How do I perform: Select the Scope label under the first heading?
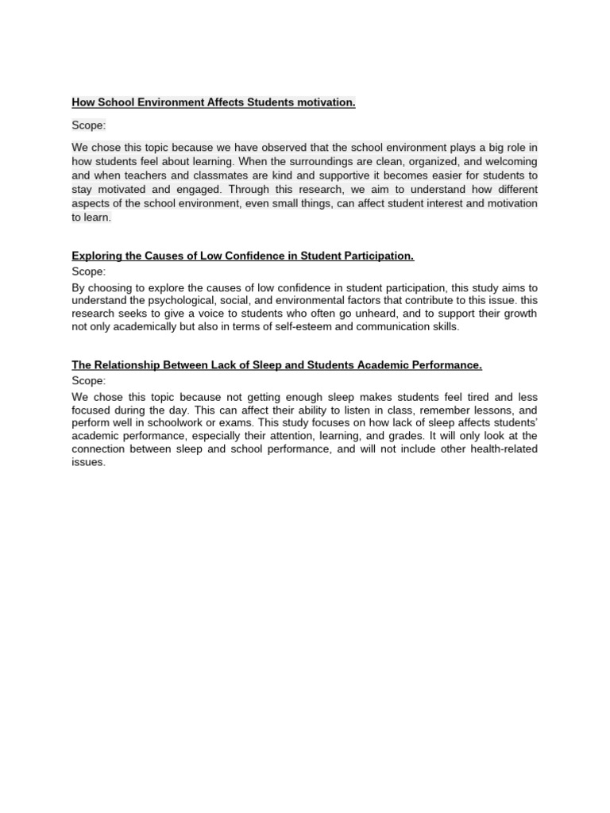88,125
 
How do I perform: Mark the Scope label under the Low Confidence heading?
88,272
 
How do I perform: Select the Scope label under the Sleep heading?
88,381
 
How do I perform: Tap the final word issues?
87,462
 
